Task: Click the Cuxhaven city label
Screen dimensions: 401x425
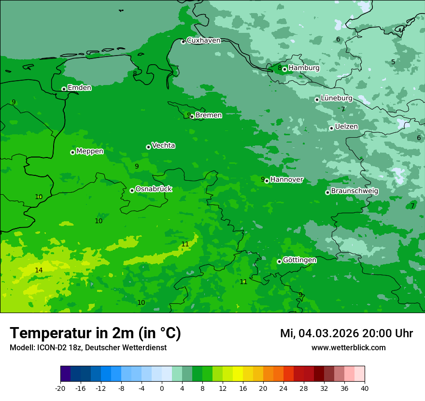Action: click(x=203, y=41)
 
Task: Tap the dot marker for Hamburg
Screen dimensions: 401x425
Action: click(x=285, y=69)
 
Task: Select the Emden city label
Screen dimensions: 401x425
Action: click(x=79, y=88)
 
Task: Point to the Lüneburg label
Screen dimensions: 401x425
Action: click(x=337, y=98)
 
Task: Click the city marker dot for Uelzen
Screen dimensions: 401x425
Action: click(x=331, y=128)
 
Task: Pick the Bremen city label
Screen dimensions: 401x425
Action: click(x=208, y=115)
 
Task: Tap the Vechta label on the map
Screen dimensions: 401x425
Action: click(x=163, y=145)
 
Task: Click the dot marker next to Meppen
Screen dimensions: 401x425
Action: click(x=72, y=152)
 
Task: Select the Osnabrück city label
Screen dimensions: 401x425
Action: click(x=154, y=189)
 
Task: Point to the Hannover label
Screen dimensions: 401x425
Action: click(x=286, y=180)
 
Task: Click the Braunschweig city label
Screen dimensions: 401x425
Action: click(x=354, y=191)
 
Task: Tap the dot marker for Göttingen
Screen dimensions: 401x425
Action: click(x=279, y=261)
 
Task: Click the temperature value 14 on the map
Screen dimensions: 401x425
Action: click(x=39, y=270)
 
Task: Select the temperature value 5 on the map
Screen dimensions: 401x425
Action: click(x=393, y=62)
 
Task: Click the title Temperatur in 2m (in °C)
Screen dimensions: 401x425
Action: click(x=95, y=333)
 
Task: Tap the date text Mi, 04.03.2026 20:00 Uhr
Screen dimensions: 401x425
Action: click(x=346, y=333)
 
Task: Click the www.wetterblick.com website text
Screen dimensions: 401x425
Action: click(x=348, y=347)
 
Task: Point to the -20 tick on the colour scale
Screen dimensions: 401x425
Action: click(x=60, y=388)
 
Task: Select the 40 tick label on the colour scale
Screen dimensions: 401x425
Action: click(x=365, y=388)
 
